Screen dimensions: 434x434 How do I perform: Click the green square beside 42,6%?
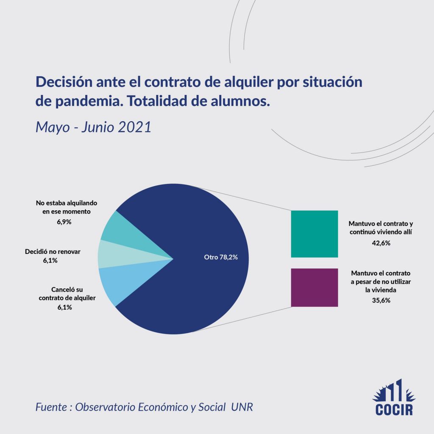tap(314, 234)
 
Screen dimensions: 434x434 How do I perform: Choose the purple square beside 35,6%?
tap(314, 287)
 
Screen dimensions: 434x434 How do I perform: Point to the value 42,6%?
tap(381, 243)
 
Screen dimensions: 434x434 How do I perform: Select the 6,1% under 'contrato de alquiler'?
tap(63, 307)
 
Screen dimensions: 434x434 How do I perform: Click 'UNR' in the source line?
tap(245, 407)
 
